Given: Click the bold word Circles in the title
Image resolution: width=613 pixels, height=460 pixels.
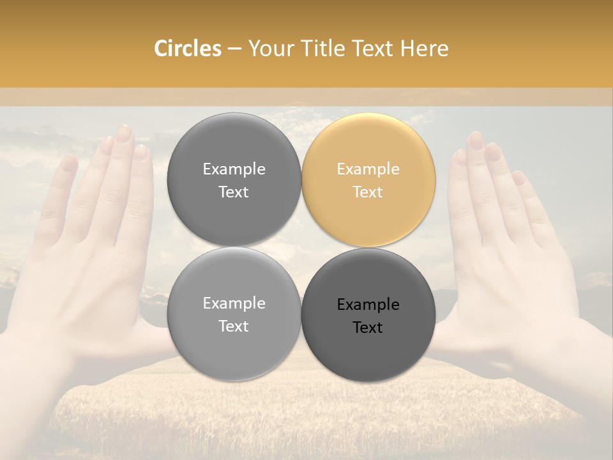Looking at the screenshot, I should pos(187,49).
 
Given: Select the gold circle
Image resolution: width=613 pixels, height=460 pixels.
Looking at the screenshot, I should pos(368,180).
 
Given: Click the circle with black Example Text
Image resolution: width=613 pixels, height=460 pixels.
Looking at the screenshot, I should pos(368,315).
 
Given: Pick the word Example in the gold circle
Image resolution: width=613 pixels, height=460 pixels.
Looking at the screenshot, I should pos(368,169).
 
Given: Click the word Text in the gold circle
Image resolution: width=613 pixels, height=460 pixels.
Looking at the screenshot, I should pos(368,192).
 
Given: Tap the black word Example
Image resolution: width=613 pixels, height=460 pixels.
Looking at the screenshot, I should pos(368,305).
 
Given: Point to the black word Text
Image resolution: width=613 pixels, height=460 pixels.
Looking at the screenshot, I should pos(368,328).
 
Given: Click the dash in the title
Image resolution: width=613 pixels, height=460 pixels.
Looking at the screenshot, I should pos(234,49).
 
